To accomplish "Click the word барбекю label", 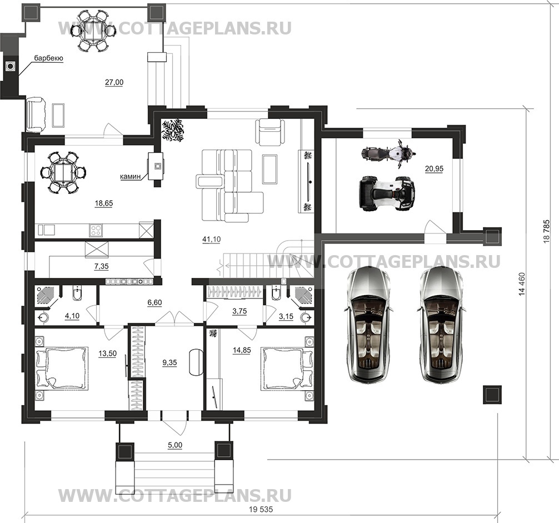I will pyautogui.click(x=49, y=58).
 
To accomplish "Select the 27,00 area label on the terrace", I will pyautogui.click(x=114, y=82).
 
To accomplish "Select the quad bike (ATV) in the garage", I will pyautogui.click(x=387, y=193).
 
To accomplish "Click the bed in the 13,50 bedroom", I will pyautogui.click(x=62, y=368).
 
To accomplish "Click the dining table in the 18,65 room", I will pyautogui.click(x=63, y=172).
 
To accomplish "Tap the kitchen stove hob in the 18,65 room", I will pyautogui.click(x=96, y=228).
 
